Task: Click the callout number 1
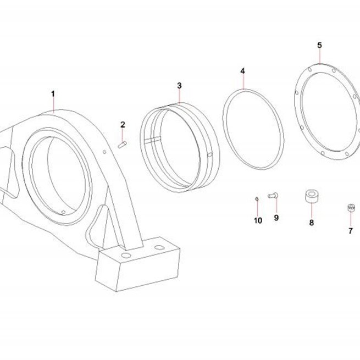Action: tap(53, 94)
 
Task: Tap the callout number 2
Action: tap(123, 125)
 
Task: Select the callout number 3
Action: tap(179, 86)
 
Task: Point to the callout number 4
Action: tap(243, 71)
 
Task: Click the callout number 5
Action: tap(319, 45)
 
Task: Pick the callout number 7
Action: tap(350, 231)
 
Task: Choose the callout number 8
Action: tap(311, 223)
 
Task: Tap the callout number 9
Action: tap(276, 218)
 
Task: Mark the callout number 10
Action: tap(258, 220)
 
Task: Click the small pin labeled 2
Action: tap(123, 145)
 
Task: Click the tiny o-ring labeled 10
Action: tap(257, 199)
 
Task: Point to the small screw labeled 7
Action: tap(351, 208)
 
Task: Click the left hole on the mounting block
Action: tap(126, 255)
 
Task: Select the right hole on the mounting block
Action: tap(159, 247)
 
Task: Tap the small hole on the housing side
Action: tap(104, 152)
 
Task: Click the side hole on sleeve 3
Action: tap(210, 154)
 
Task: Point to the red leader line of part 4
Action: tap(243, 82)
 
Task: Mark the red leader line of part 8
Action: tap(312, 210)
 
